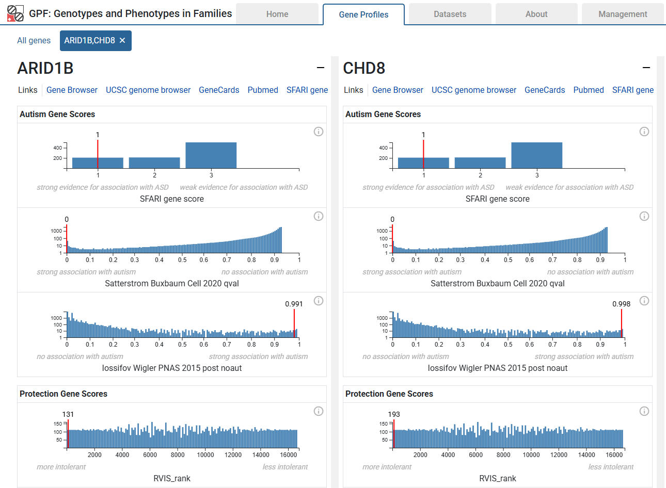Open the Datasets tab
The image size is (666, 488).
[x=450, y=14]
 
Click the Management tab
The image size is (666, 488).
[x=622, y=14]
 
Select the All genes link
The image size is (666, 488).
[x=34, y=40]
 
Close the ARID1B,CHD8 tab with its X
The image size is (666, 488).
[x=122, y=40]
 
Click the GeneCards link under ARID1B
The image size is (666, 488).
[x=219, y=90]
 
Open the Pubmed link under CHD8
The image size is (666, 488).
[x=588, y=90]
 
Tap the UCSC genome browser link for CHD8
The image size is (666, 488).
[x=473, y=90]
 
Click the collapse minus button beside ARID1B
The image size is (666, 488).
[x=321, y=68]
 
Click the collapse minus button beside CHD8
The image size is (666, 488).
[x=646, y=68]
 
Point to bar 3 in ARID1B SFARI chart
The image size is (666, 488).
[x=211, y=155]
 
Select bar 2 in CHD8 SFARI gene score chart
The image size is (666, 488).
[x=480, y=162]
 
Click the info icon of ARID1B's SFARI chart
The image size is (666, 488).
[x=319, y=132]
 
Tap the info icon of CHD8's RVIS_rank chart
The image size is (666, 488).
[x=644, y=411]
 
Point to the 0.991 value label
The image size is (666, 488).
[x=294, y=304]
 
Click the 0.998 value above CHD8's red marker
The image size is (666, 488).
[x=621, y=304]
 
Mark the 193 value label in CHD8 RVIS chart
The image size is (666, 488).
[x=394, y=414]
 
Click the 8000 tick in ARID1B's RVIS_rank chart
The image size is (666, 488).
[x=178, y=454]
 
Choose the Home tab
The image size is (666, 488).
[x=277, y=14]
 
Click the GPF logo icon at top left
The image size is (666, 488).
[x=15, y=13]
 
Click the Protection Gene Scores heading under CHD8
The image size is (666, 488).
[x=389, y=394]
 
